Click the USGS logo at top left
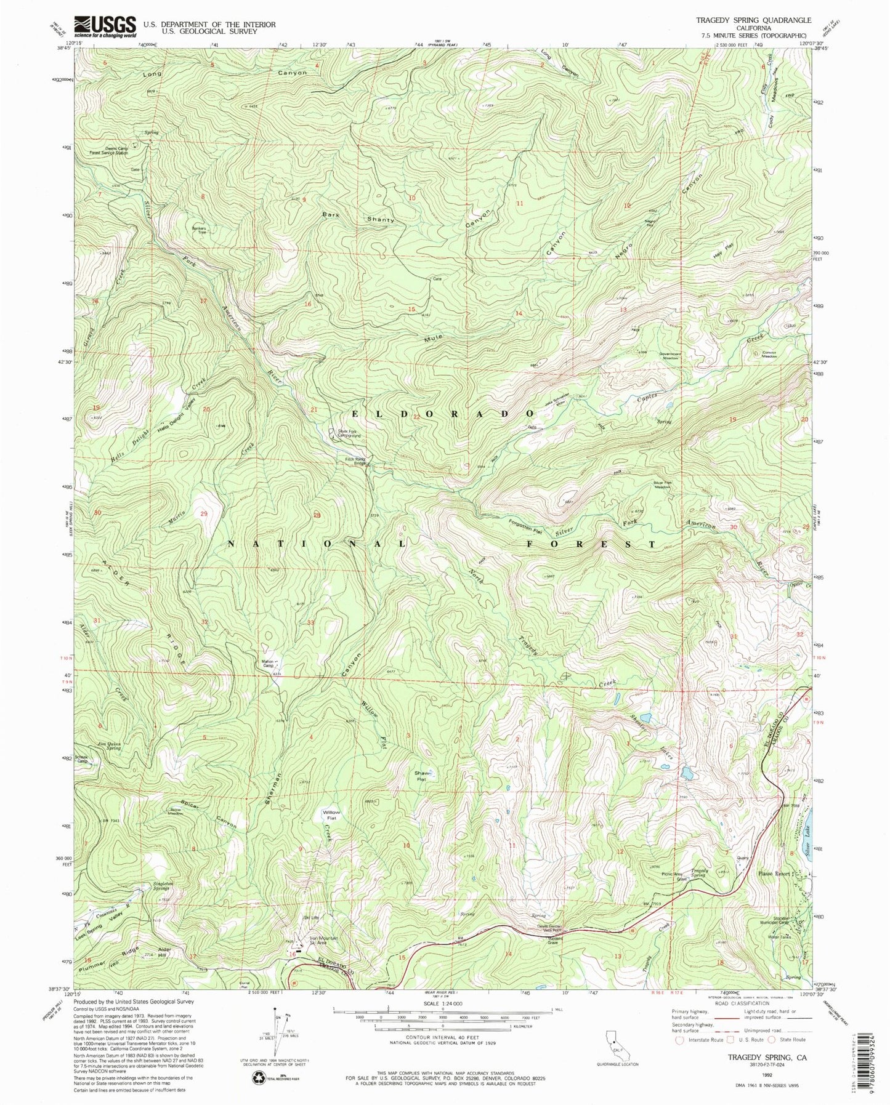pyautogui.click(x=105, y=26)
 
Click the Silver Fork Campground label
pyautogui.click(x=349, y=433)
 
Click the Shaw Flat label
pyautogui.click(x=421, y=776)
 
